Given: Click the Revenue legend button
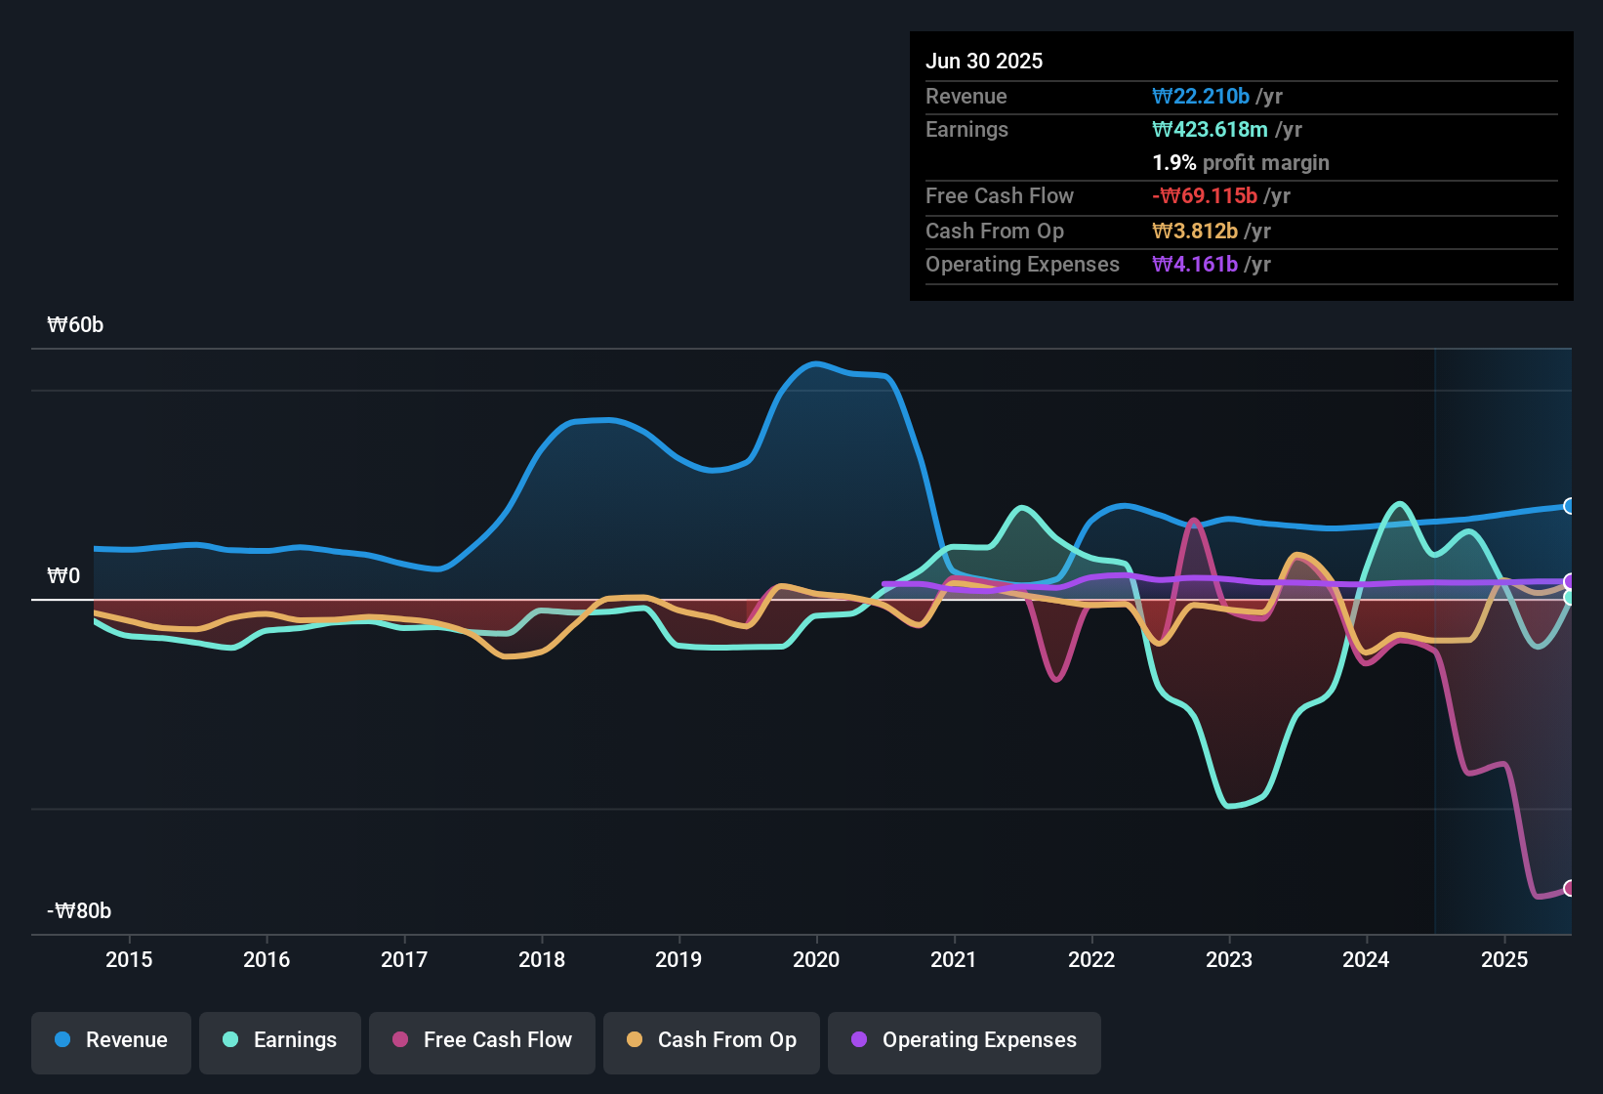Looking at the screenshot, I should (x=111, y=1040).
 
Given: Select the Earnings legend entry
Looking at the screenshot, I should (x=280, y=1040).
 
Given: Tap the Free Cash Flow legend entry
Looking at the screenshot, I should (x=482, y=1040).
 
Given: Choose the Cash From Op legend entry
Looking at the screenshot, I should (x=712, y=1040).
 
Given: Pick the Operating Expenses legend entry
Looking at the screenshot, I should (x=965, y=1040).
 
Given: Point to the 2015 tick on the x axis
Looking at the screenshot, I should (x=129, y=959).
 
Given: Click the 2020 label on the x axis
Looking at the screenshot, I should (x=816, y=959).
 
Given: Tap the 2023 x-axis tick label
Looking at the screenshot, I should (x=1229, y=959).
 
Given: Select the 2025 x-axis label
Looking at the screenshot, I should (x=1504, y=959).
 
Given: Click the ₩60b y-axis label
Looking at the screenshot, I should (x=75, y=325).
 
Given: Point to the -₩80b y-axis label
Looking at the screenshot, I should (x=79, y=911).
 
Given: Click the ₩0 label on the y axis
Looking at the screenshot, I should (x=63, y=576).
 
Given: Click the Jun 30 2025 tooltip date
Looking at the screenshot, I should (x=984, y=61).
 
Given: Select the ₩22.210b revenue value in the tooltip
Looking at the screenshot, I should (x=1201, y=96).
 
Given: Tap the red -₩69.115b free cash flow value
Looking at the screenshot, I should (x=1205, y=195).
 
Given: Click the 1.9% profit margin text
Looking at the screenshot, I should (x=1241, y=162).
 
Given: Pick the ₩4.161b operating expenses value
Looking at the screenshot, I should (x=1195, y=264).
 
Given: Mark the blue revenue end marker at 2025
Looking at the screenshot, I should (x=1570, y=506).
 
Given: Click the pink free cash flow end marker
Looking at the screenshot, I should (x=1570, y=888).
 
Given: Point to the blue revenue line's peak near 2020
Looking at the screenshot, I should (x=815, y=363).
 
